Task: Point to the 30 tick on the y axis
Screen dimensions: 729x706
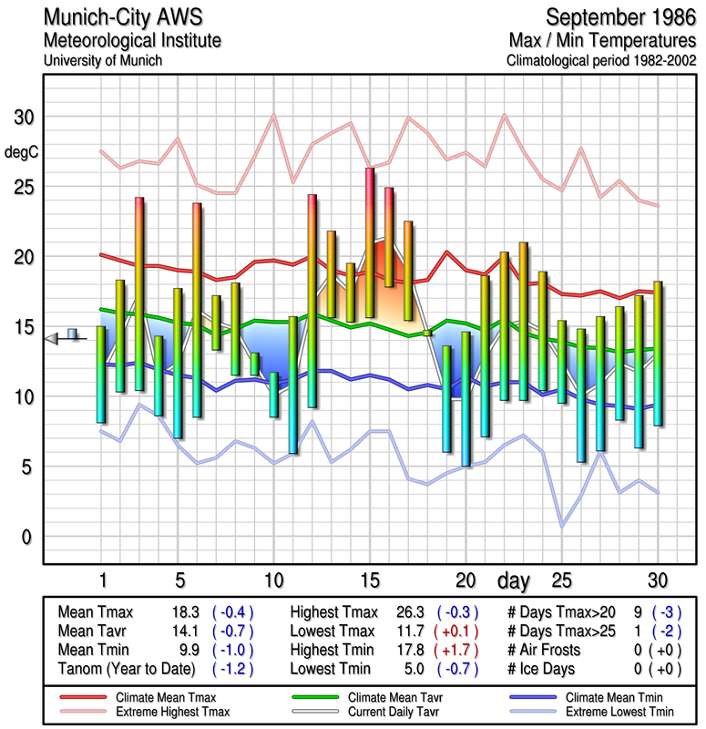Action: coord(22,118)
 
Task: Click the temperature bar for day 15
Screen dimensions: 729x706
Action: coord(370,242)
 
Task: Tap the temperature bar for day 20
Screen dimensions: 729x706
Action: coord(466,398)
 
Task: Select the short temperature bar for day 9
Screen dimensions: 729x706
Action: coord(255,364)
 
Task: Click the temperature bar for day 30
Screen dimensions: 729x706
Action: coord(658,354)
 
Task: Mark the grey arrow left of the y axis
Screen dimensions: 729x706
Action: coord(52,338)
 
